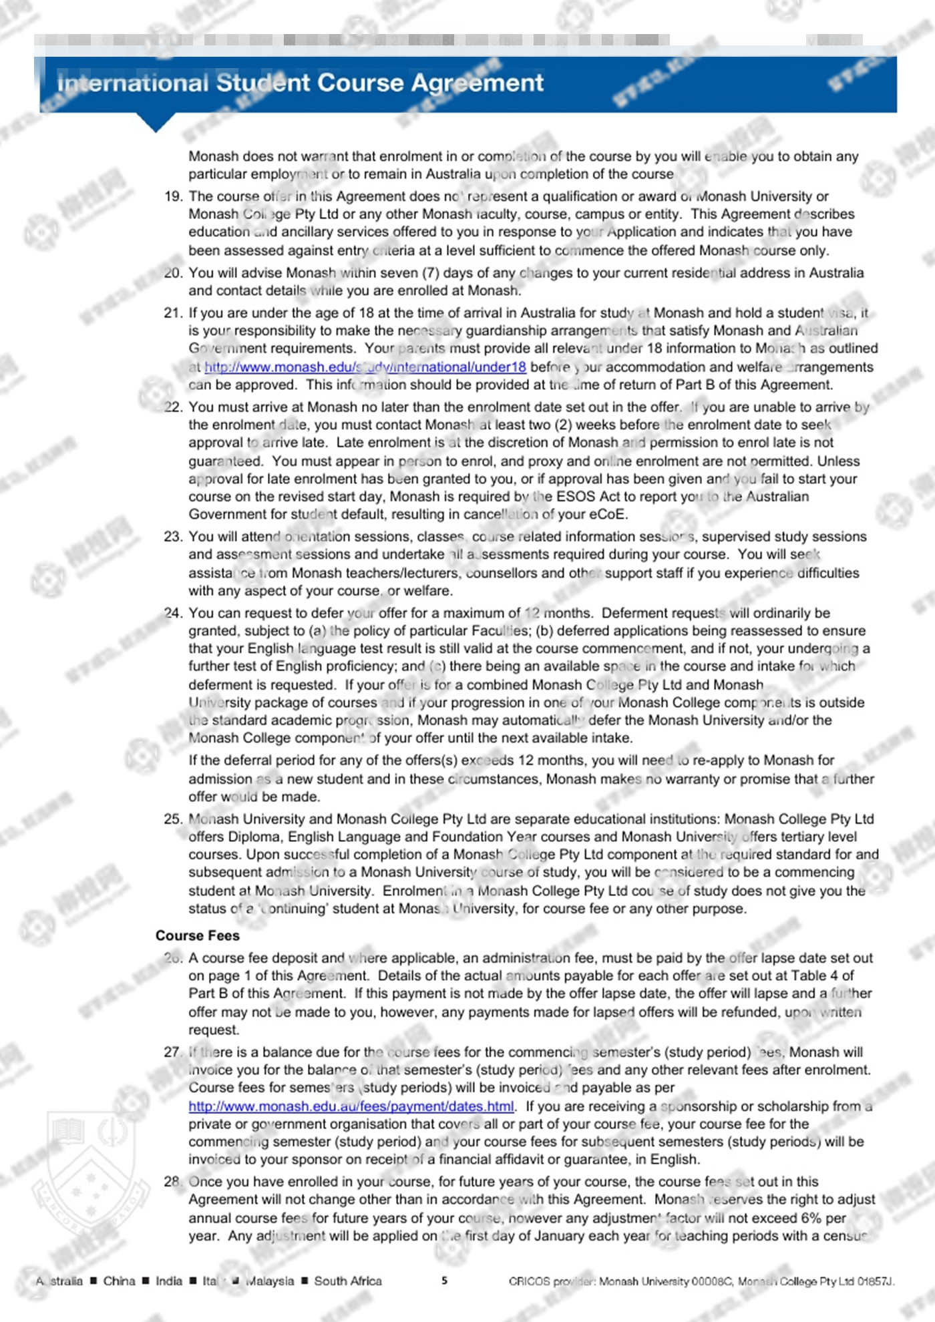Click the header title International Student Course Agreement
coord(301,83)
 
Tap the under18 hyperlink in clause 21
coord(365,367)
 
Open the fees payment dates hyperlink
coord(351,1106)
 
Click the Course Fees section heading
coord(197,935)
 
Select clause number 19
coord(173,196)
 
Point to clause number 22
coord(173,407)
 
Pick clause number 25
coord(173,819)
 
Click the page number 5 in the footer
coord(445,1281)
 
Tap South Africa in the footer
coord(348,1281)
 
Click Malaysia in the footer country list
coord(270,1281)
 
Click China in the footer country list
coord(119,1281)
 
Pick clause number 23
coord(173,537)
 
